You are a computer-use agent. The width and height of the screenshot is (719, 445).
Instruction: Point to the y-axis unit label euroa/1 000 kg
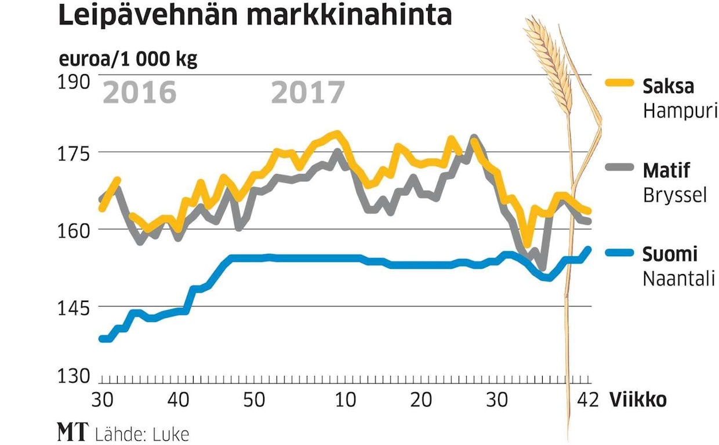[x=128, y=60]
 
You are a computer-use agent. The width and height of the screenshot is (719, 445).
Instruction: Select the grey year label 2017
[x=307, y=93]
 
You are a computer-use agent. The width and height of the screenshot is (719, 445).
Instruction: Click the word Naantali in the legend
[x=679, y=279]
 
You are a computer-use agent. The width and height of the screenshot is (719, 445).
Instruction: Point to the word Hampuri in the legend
[x=680, y=111]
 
